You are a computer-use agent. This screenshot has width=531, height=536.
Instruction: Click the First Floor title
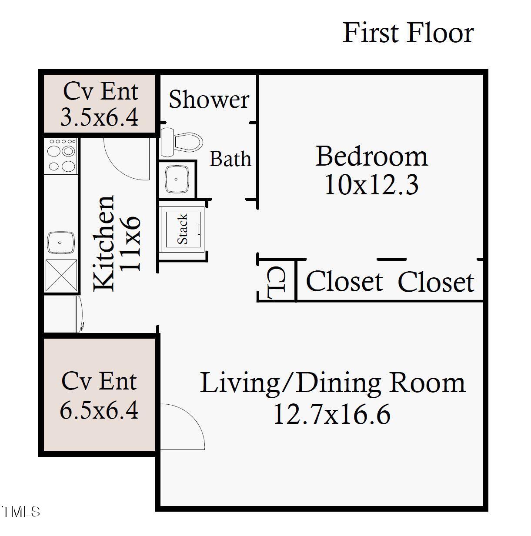pos(407,33)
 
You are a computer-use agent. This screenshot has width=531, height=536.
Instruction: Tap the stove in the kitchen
pos(61,156)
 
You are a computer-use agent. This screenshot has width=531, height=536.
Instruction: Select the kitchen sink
pos(61,243)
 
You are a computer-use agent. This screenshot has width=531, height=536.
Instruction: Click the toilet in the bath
pos(182,142)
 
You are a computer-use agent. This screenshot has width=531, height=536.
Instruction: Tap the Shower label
pos(209,100)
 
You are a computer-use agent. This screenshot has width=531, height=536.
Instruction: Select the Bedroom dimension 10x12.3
pos(371,185)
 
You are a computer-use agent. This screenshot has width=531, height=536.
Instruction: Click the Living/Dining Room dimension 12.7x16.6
pos(331,414)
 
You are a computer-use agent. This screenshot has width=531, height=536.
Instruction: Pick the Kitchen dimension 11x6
pos(130,243)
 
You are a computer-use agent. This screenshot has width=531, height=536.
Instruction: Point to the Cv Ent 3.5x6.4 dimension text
pos(99,117)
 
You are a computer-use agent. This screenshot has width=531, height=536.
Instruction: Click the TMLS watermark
pos(20,512)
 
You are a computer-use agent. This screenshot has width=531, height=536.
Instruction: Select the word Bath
pos(230,159)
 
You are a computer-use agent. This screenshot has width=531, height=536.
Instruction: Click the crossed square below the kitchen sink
pos(61,275)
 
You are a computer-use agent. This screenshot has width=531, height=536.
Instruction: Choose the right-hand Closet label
pos(435,283)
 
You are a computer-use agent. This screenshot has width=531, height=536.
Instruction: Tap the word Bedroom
pos(371,156)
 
